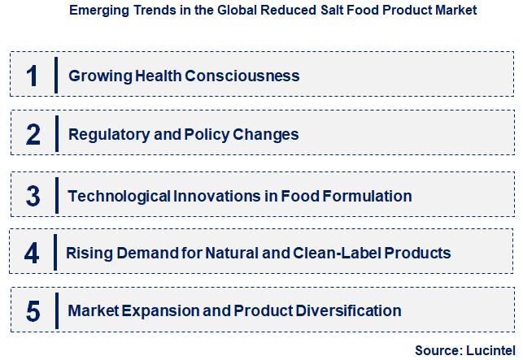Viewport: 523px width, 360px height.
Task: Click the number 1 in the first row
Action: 32,76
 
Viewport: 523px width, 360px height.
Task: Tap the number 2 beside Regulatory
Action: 33,134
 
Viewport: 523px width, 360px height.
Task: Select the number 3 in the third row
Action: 33,196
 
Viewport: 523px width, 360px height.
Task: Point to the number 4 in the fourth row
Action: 32,253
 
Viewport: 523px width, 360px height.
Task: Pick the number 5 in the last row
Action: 33,310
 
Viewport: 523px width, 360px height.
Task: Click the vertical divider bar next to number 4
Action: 55,253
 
